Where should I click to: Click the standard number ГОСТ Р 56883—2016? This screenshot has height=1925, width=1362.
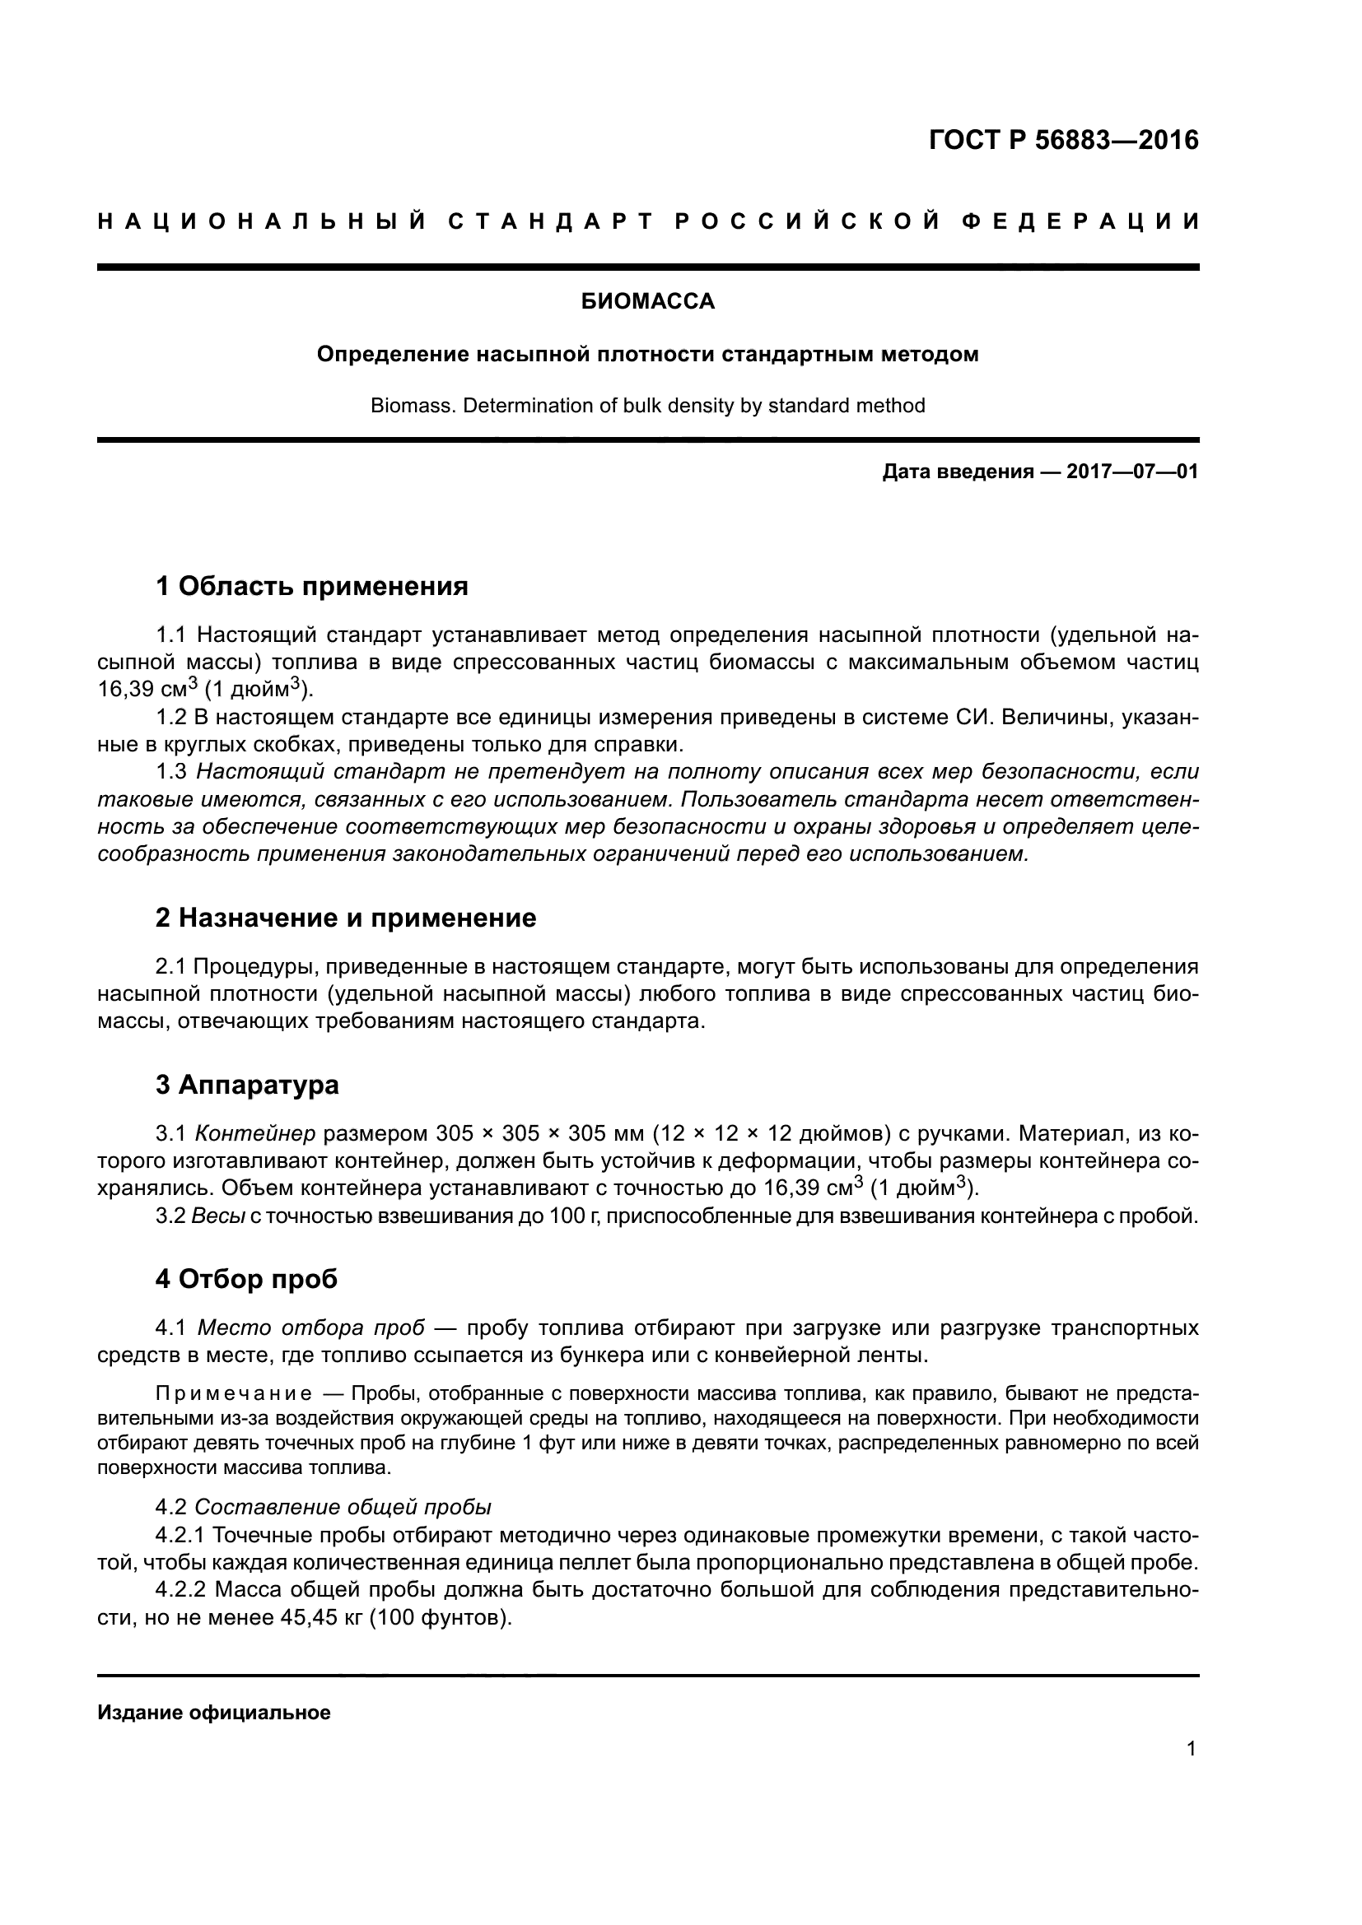[1063, 140]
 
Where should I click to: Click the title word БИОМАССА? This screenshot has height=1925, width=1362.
[647, 302]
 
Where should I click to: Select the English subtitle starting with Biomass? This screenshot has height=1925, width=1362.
[647, 406]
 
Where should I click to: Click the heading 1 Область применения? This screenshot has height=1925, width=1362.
[311, 586]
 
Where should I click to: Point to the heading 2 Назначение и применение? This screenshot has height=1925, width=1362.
[346, 918]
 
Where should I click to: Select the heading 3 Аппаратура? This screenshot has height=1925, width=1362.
[246, 1085]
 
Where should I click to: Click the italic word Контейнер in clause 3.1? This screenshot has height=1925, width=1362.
[255, 1134]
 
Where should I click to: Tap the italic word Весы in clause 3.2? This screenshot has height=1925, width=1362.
[218, 1216]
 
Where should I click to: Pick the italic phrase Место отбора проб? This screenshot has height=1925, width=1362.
[310, 1328]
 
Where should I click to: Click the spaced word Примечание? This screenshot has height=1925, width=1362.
[234, 1393]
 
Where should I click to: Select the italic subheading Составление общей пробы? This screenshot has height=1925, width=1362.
[343, 1508]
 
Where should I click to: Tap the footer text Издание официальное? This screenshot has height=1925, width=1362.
[214, 1713]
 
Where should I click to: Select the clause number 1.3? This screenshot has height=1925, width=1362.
[171, 771]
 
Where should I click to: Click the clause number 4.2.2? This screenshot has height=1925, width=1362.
[180, 1590]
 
